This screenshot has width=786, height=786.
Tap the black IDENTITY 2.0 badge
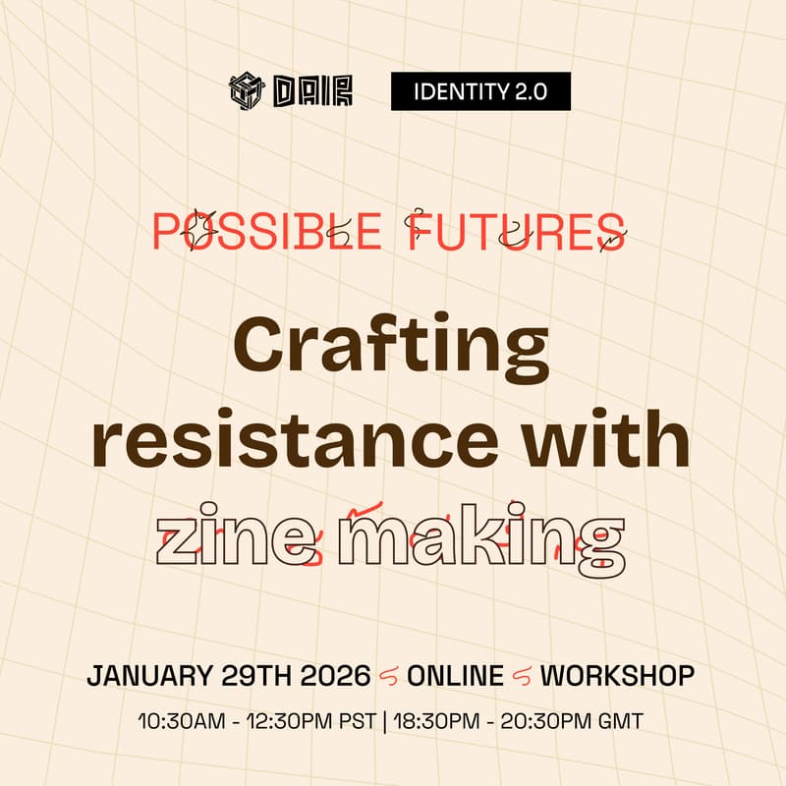point(480,92)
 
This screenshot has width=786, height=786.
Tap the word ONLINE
point(455,676)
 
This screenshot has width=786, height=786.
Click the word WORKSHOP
point(618,676)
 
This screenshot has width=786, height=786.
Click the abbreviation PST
point(354,722)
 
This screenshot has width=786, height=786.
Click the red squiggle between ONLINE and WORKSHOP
point(522,676)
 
